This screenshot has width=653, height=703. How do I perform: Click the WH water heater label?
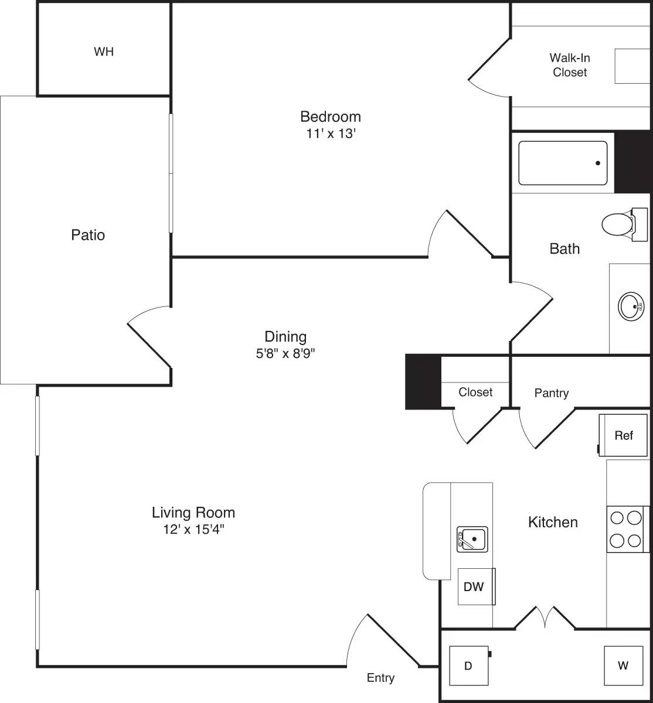click(104, 52)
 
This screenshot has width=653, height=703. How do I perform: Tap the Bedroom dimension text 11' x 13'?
click(331, 134)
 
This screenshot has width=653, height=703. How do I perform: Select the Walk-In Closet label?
click(570, 65)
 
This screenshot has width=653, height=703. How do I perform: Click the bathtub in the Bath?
click(563, 163)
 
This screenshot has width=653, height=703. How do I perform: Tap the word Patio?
click(88, 235)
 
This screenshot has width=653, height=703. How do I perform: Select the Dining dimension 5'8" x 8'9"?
click(285, 353)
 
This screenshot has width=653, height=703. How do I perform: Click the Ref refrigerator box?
click(624, 435)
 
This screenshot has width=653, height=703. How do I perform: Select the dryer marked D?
click(468, 666)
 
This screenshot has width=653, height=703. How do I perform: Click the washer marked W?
click(623, 666)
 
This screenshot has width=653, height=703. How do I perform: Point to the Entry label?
click(380, 678)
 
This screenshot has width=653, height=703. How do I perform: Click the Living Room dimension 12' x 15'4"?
click(193, 530)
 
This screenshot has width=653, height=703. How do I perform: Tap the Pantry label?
click(552, 393)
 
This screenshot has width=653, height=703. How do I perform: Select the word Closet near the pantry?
click(475, 392)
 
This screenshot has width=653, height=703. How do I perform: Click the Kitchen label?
click(553, 522)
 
